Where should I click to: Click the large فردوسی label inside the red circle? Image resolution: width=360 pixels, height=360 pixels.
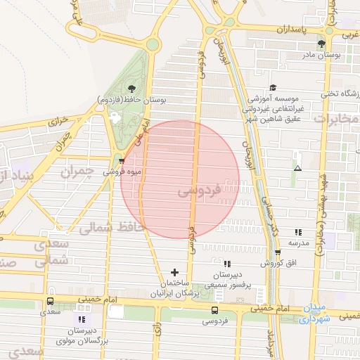pyautogui.click(x=199, y=190)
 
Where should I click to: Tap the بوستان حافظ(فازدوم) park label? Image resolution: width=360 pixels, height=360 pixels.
pyautogui.click(x=139, y=101)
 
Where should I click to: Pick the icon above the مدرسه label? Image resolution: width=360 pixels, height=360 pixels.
pyautogui.click(x=298, y=231)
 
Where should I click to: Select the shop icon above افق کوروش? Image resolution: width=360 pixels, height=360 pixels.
pyautogui.click(x=278, y=252)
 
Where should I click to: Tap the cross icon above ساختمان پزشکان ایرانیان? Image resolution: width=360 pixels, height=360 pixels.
pyautogui.click(x=175, y=271)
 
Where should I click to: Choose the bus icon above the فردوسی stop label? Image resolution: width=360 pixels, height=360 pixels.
pyautogui.click(x=214, y=310)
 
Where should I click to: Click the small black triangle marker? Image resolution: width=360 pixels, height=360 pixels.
pyautogui.click(x=298, y=168)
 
